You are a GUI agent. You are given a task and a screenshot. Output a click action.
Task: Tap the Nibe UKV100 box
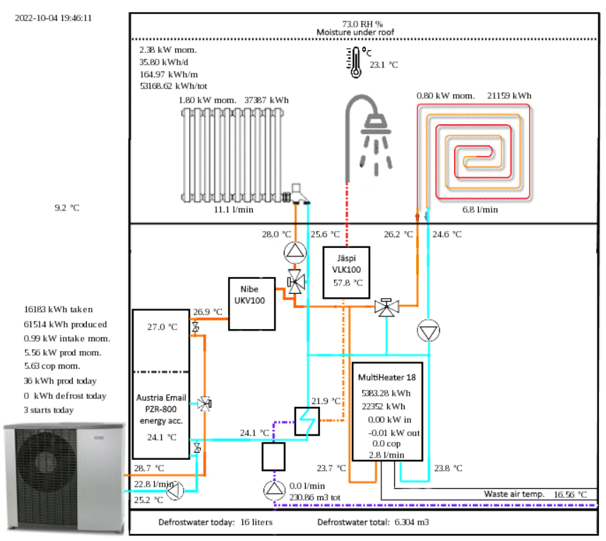click(x=251, y=303)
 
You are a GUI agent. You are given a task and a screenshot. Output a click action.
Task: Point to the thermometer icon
click(x=354, y=62)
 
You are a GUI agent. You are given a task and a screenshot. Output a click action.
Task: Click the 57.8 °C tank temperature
click(x=347, y=283)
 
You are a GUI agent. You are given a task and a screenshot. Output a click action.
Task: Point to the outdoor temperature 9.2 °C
click(x=67, y=208)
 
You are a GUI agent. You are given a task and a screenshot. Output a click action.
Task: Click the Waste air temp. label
click(x=514, y=494)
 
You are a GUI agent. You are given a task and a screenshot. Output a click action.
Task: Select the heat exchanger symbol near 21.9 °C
click(x=307, y=422)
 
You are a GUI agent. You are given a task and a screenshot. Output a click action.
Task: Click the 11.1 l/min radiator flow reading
click(x=234, y=210)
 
